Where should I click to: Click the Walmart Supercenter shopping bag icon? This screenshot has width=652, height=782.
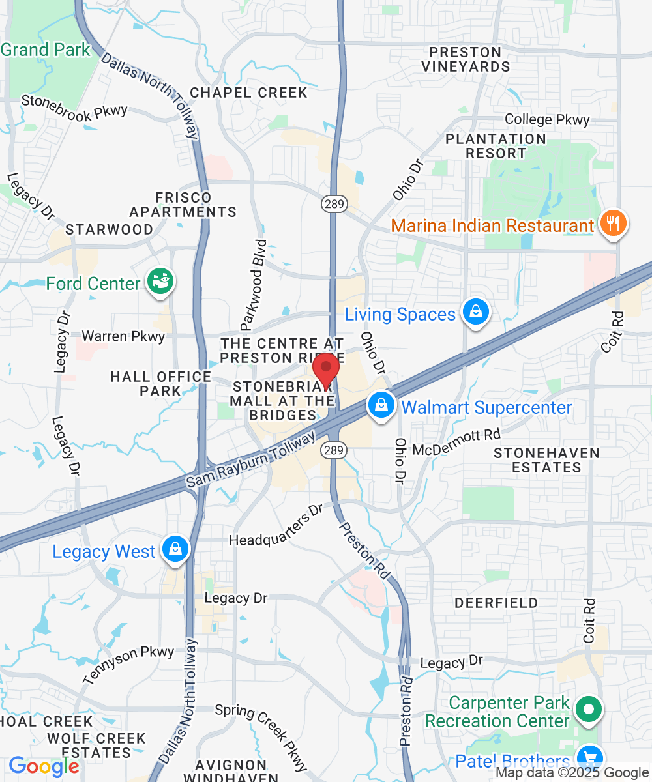(381, 406)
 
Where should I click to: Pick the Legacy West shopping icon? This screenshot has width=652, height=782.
(175, 549)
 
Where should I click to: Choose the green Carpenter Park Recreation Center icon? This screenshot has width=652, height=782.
(589, 710)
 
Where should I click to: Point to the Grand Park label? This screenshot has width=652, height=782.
(46, 50)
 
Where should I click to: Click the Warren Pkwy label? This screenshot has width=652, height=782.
(123, 336)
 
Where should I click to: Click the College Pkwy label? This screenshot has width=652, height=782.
(547, 120)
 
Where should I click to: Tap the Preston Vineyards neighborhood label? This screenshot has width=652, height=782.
(465, 59)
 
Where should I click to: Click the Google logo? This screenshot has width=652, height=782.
(43, 766)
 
